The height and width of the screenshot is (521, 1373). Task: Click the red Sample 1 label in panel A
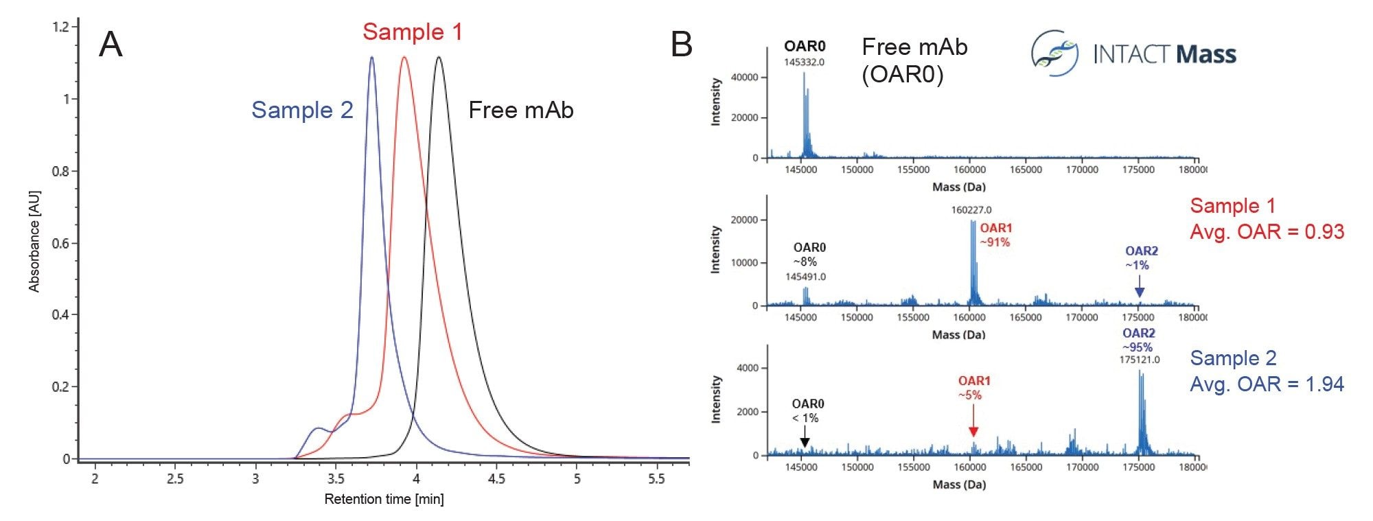[413, 32]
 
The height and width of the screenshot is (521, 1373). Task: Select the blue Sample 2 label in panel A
[302, 110]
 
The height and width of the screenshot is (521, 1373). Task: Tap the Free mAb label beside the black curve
[520, 110]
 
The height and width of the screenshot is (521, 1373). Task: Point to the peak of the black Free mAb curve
[439, 58]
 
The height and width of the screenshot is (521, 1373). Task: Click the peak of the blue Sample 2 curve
[372, 58]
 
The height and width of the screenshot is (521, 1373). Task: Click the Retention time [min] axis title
[384, 499]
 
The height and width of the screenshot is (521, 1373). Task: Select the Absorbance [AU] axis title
[34, 242]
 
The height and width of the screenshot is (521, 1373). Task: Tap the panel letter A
[111, 45]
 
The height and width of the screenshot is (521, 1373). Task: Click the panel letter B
[681, 45]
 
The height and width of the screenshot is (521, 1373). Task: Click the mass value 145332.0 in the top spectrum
[804, 62]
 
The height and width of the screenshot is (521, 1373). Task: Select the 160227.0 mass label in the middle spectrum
[971, 210]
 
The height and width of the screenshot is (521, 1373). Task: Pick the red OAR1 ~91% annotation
[995, 235]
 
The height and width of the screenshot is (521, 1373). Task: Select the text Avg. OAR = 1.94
[1267, 384]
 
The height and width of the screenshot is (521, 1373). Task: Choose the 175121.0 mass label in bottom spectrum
[1140, 360]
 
